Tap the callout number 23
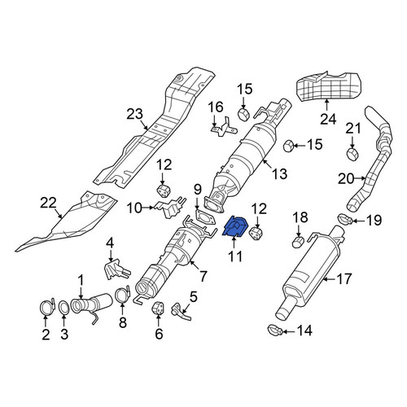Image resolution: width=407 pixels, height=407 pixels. (134, 114)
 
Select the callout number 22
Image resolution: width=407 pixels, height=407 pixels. (48, 203)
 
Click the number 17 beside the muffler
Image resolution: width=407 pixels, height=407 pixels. (344, 278)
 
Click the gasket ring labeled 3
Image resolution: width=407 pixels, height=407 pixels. (64, 309)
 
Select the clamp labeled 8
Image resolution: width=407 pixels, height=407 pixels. (123, 295)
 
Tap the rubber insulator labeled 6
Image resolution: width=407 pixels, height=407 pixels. (158, 309)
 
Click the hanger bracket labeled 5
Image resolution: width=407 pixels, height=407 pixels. (181, 312)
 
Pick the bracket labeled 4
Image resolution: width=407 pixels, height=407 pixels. (116, 269)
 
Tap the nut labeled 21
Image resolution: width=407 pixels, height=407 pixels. (353, 154)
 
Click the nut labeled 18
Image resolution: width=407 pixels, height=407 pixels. (298, 241)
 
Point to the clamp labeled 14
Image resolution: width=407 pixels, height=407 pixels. (275, 330)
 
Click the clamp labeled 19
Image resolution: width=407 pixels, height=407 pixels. (345, 218)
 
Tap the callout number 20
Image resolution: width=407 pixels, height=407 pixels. (346, 179)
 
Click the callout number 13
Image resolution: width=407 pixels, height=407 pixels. (279, 173)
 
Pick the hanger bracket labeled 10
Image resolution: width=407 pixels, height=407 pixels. (170, 208)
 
